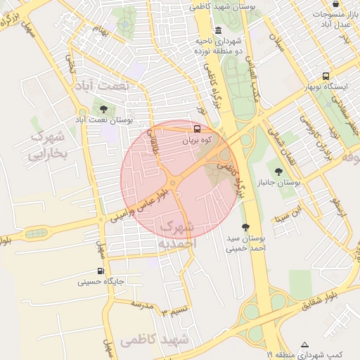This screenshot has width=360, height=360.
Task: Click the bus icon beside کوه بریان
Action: click(197, 129)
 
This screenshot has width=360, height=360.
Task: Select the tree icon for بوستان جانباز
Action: click(279, 170)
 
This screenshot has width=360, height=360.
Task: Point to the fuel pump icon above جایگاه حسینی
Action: click(101, 271)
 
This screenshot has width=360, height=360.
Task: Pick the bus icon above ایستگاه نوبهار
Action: click(326, 76)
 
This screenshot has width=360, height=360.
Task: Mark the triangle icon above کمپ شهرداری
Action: click(304, 345)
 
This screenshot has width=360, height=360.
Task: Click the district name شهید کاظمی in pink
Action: click(155, 340)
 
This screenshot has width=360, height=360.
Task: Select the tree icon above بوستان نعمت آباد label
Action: click(104, 109)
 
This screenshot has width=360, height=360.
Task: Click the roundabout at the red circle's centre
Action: click(173, 184)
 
